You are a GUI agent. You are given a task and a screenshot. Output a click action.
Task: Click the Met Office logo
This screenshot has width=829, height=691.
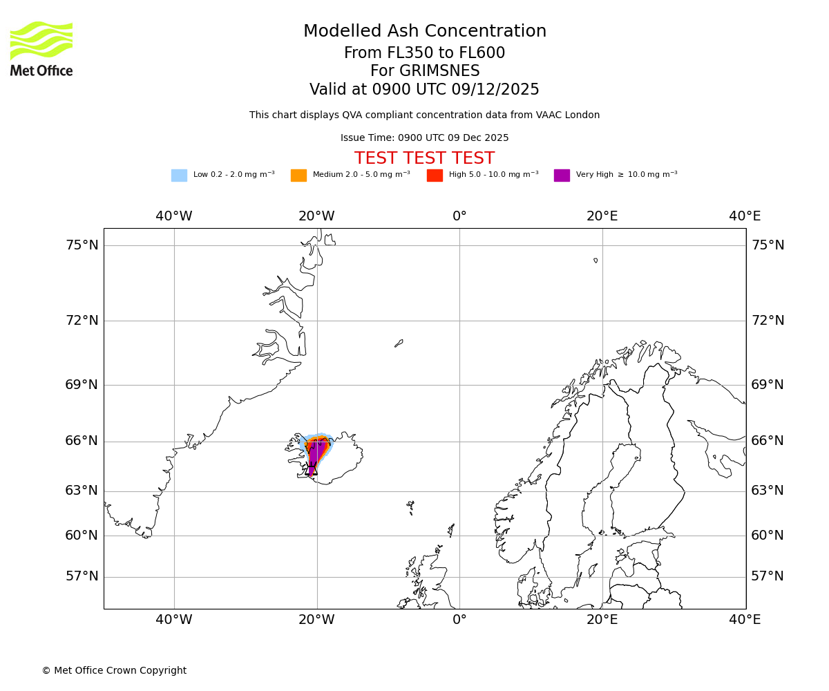[41, 48]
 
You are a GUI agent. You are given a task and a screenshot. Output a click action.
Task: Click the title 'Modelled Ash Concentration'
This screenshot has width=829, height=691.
[425, 32]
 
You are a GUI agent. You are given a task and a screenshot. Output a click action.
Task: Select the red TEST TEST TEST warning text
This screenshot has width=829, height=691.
[424, 159]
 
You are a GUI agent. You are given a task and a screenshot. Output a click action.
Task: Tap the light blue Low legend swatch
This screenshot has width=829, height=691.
[179, 176]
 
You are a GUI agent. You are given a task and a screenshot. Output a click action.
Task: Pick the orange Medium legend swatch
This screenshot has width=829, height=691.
[298, 176]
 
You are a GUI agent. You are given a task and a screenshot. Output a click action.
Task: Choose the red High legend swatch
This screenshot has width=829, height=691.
[435, 176]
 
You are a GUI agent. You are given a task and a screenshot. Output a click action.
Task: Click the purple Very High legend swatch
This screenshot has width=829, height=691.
[562, 176]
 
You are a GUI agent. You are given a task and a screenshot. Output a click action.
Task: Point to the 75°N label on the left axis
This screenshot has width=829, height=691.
[82, 245]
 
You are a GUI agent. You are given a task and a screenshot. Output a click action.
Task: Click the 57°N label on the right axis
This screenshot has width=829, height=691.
[768, 576]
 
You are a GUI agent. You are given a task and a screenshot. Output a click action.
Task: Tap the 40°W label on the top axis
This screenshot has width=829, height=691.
[174, 216]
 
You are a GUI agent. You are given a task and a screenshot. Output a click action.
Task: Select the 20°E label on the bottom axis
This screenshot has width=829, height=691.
[602, 620]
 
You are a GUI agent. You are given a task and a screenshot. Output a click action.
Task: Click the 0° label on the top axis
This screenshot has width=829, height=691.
[459, 216]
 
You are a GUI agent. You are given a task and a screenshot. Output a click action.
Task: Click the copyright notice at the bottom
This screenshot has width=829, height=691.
[114, 671]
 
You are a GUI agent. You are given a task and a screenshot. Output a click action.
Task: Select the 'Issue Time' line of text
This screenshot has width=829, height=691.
[424, 138]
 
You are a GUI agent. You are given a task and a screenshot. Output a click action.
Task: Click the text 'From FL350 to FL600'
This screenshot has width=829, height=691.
[424, 53]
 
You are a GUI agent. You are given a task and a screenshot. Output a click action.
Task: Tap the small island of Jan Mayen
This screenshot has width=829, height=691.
[399, 343]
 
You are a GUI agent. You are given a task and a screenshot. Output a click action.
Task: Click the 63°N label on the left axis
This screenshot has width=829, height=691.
[82, 491]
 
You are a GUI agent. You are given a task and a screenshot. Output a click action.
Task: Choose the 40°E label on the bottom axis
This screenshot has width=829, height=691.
[745, 620]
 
